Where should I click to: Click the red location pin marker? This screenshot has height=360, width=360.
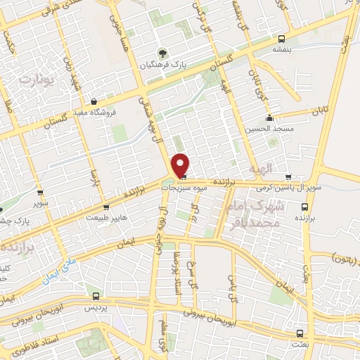[181, 165]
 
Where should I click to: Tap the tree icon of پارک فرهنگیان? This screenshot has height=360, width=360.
[162, 52]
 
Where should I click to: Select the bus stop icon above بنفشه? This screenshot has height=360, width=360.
[282, 39]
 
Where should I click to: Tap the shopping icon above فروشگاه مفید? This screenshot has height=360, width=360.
[94, 101]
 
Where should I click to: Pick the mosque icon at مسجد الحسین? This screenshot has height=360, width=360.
[269, 117]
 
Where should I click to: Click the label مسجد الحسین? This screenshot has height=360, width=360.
[262, 129]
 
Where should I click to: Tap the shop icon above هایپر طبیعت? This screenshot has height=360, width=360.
[106, 207]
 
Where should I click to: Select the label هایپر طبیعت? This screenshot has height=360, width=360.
[107, 219]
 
